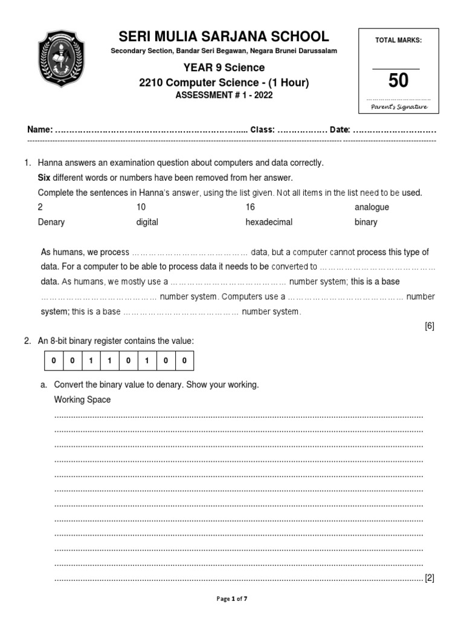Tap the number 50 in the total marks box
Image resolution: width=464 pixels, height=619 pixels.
point(398,80)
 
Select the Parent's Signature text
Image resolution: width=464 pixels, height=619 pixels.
point(398,106)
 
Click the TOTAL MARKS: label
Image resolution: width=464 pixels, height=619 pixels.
point(398,40)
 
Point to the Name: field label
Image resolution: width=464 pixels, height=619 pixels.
point(40,130)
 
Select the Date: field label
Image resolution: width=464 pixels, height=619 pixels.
point(340,130)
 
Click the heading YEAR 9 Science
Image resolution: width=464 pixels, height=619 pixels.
point(220,68)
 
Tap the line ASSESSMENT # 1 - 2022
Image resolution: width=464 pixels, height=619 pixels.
point(220,96)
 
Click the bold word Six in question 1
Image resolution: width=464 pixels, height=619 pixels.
point(44,178)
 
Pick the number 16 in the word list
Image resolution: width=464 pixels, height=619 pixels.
point(250,207)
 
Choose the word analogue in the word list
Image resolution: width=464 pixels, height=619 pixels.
point(372,207)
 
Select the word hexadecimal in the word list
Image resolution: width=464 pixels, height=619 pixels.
point(269,222)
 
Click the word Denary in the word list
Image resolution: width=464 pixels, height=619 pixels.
point(51,222)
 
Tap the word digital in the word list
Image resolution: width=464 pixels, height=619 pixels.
point(147,222)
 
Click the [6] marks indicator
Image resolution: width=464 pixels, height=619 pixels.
point(430,326)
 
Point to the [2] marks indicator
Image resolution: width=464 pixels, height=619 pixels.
point(430,578)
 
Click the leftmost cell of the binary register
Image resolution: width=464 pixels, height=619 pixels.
point(53,361)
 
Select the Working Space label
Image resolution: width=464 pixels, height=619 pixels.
point(82,400)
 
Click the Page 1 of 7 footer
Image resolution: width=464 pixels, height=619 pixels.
point(232,598)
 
